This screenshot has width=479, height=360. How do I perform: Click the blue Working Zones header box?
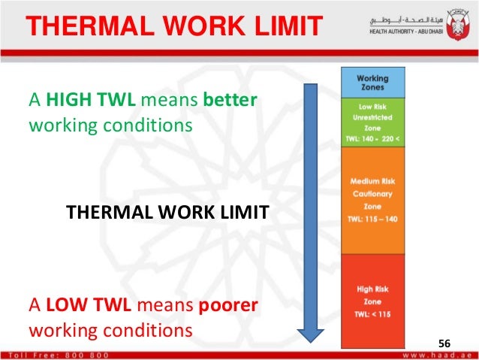click(x=372, y=82)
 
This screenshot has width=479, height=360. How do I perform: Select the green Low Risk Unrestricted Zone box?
click(x=372, y=122)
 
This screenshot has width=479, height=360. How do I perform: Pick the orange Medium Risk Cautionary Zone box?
click(x=372, y=200)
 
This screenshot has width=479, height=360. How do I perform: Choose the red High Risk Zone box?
click(x=372, y=301)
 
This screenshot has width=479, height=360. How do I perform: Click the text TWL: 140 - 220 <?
click(x=372, y=140)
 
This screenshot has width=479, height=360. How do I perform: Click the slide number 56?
click(x=446, y=343)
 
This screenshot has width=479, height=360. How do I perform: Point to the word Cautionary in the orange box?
click(x=372, y=193)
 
